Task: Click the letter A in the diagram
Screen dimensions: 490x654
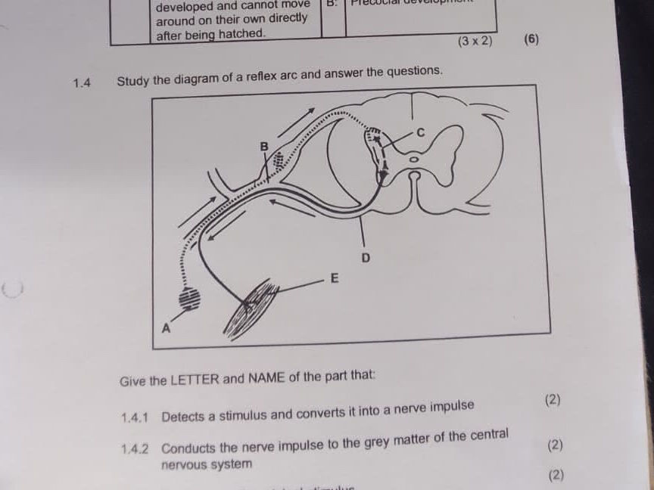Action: pyautogui.click(x=167, y=329)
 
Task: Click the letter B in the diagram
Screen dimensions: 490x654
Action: pyautogui.click(x=264, y=145)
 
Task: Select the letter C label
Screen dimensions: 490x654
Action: pyautogui.click(x=421, y=132)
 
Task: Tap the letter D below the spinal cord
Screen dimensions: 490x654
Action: pyautogui.click(x=366, y=259)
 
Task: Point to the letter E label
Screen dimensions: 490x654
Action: pyautogui.click(x=334, y=278)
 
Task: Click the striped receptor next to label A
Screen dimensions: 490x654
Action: pyautogui.click(x=190, y=299)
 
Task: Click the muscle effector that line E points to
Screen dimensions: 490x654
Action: pyautogui.click(x=250, y=306)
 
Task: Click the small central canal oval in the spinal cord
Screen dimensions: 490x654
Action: pyautogui.click(x=413, y=160)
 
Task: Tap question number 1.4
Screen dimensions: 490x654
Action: pyautogui.click(x=82, y=82)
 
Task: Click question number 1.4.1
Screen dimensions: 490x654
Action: pyautogui.click(x=135, y=417)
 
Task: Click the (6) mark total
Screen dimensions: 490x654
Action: pyautogui.click(x=531, y=39)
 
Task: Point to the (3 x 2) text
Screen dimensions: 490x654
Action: pyautogui.click(x=475, y=41)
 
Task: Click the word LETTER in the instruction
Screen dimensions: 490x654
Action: pyautogui.click(x=196, y=380)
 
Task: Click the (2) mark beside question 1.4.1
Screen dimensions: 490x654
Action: pyautogui.click(x=553, y=399)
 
